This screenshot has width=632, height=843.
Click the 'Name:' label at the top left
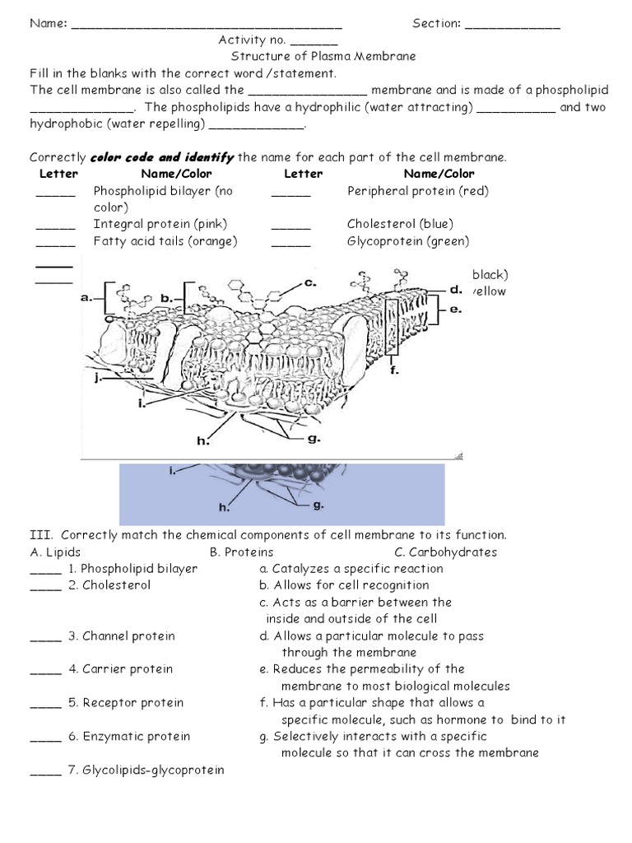(49, 24)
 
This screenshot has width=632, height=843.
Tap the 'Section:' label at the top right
(437, 24)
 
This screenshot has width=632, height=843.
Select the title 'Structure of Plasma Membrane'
(323, 57)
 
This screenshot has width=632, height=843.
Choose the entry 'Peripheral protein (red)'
(417, 191)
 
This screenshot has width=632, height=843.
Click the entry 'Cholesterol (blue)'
(400, 224)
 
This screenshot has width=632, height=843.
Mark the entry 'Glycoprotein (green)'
(408, 241)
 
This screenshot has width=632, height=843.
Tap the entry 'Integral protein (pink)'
(160, 224)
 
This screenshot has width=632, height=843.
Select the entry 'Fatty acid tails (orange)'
(165, 241)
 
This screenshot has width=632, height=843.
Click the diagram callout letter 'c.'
(309, 282)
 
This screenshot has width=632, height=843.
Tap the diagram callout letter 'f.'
(394, 370)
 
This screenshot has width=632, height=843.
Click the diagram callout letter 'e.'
(457, 310)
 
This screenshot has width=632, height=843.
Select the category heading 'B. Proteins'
(242, 552)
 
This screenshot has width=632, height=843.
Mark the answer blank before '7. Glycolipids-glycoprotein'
(45, 771)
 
